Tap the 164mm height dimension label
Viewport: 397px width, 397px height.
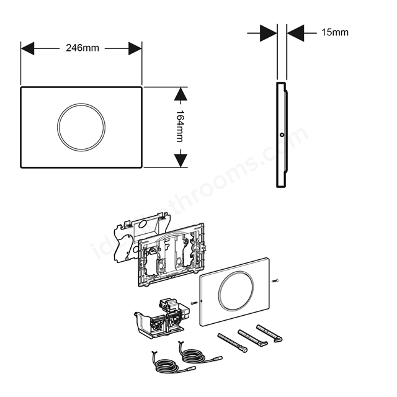(x=180, y=127)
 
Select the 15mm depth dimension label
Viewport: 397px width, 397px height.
(x=335, y=32)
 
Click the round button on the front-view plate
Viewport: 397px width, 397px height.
(x=81, y=127)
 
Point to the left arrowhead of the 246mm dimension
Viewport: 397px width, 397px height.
(x=28, y=48)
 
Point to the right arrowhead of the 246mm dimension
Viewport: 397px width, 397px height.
(x=135, y=48)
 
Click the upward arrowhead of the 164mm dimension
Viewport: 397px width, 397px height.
(x=180, y=95)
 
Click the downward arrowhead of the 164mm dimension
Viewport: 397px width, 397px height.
(x=180, y=160)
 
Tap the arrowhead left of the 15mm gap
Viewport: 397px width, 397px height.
(x=267, y=32)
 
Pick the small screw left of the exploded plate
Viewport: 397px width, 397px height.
(x=194, y=303)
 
